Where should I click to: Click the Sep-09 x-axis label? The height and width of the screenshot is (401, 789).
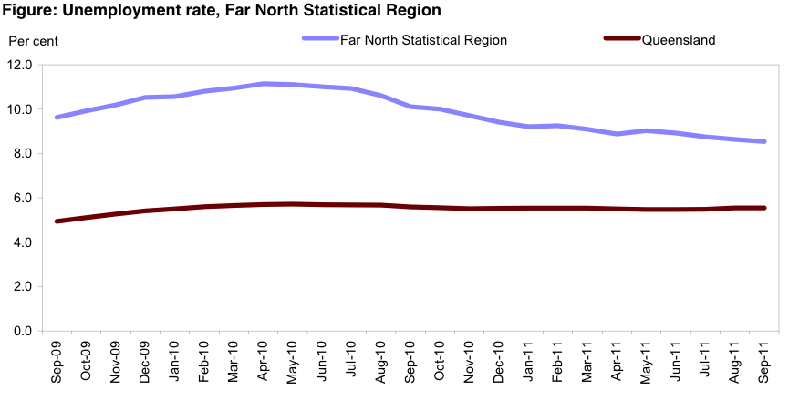coord(57,363)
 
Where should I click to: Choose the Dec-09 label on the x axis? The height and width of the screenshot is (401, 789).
coord(146,363)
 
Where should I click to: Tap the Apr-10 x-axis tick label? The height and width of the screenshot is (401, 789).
coord(264,363)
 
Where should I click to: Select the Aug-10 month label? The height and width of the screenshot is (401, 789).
coord(381,363)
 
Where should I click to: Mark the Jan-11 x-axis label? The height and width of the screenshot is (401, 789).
coord(529,363)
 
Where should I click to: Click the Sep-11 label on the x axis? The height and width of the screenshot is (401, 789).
coord(764,363)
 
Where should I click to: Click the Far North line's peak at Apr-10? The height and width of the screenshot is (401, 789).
coord(264,84)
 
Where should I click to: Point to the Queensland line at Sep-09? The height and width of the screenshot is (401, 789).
coord(57,221)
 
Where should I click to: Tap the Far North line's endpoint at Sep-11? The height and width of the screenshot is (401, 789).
coord(764,141)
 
